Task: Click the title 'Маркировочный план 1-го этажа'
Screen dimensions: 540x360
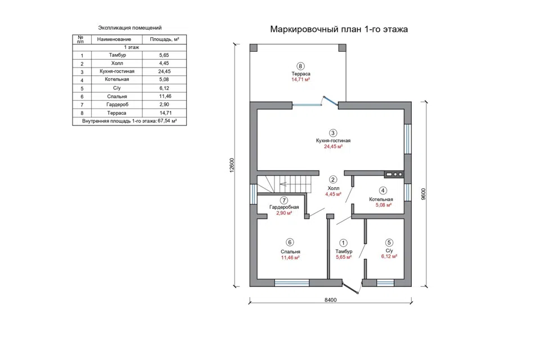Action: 339,29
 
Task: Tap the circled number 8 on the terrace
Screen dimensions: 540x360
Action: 300,66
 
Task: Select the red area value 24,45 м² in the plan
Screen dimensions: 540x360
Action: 333,146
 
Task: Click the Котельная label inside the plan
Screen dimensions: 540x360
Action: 381,199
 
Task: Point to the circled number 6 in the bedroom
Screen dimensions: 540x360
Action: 290,242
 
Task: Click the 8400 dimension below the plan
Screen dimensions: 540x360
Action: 330,300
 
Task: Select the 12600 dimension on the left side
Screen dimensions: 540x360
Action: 232,165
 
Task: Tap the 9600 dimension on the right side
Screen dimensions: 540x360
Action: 423,194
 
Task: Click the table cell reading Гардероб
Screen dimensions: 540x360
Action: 117,105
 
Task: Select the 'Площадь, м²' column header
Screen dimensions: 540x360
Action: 164,39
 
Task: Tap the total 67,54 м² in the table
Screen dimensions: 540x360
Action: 167,121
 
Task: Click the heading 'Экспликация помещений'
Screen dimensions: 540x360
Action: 130,28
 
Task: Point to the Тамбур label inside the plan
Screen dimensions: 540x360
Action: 344,251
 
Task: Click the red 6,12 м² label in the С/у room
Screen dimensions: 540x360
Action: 389,256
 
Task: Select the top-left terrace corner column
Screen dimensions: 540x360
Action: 254,48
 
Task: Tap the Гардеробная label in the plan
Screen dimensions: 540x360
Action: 284,207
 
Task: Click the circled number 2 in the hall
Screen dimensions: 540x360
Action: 332,179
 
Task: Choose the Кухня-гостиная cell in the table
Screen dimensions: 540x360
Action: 117,71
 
